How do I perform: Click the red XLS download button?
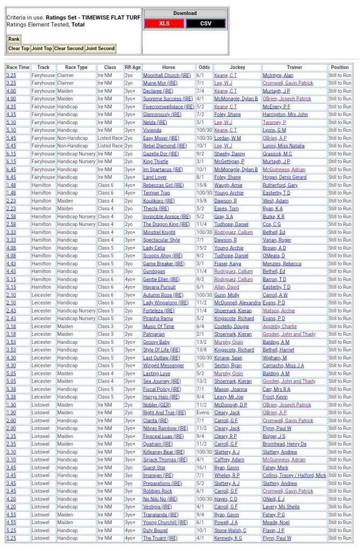[164, 24]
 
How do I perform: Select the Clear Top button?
[18, 48]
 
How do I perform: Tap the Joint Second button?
[100, 48]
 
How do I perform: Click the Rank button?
[13, 39]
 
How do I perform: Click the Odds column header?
[204, 67]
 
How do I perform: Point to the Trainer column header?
[294, 67]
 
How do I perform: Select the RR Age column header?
[132, 67]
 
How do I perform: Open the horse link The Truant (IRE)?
[160, 538]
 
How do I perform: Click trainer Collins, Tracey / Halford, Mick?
[294, 476]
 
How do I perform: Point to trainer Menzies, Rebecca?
[282, 264]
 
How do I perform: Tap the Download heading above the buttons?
[185, 13]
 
